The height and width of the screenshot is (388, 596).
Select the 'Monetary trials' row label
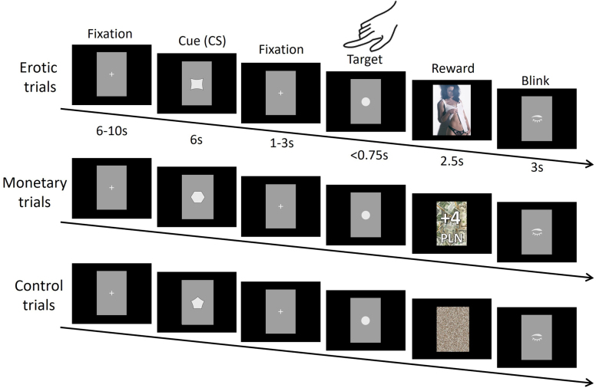[35, 193]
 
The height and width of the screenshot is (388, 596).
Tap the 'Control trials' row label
[35, 294]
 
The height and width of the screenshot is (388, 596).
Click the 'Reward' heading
[452, 68]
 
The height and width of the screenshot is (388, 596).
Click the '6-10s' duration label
[111, 131]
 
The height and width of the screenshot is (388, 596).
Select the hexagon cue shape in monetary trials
[197, 196]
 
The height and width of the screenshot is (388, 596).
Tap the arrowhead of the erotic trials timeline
[590, 163]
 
